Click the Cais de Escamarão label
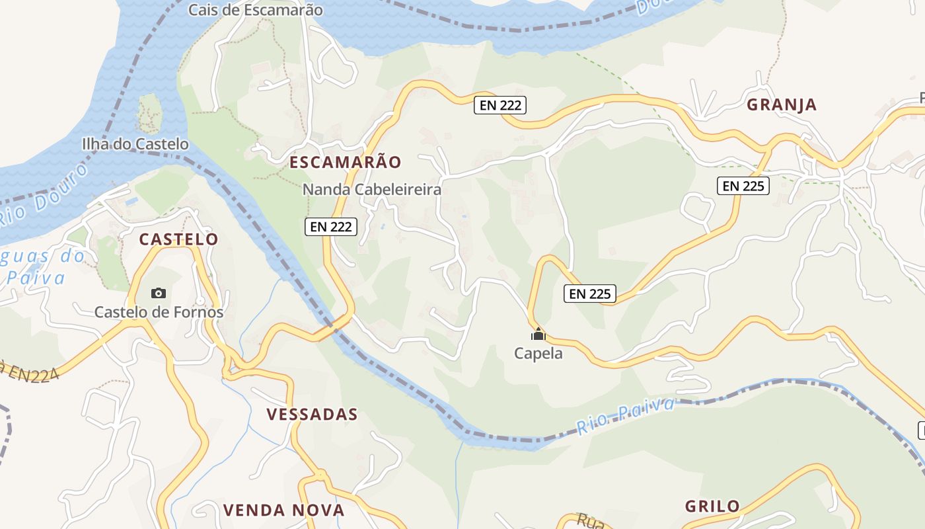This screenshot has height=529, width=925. (256, 10)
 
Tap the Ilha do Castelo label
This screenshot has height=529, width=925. (135, 143)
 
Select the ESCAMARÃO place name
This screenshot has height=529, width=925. (345, 162)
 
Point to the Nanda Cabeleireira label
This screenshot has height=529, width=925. (371, 190)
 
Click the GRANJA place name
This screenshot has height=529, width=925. (782, 104)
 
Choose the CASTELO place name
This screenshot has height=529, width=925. (178, 239)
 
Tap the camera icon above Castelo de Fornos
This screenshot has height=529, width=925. (159, 293)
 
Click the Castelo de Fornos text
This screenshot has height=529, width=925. (159, 312)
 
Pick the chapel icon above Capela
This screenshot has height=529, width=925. (538, 334)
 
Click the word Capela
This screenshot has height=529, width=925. (538, 353)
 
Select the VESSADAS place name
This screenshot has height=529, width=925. (312, 415)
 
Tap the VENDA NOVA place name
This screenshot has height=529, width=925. (283, 510)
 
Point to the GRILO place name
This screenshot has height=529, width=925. (712, 507)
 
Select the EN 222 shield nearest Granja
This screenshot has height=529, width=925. (500, 104)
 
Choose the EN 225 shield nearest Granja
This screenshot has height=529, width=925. (743, 186)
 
